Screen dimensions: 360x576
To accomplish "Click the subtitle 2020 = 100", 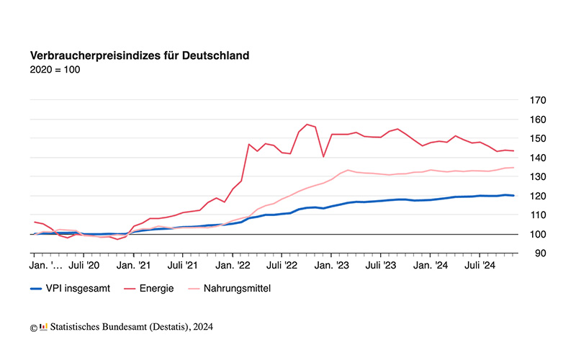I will tap(55, 70).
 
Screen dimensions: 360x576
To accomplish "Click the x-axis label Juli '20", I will tap(84, 266).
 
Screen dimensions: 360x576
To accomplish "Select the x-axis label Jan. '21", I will tap(133, 266).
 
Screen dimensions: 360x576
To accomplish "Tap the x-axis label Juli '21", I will tap(183, 266).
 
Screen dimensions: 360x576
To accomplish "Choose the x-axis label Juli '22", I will tap(282, 266).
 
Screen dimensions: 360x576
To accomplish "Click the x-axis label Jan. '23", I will tap(332, 266).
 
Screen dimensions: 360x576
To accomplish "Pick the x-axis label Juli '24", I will tap(480, 266).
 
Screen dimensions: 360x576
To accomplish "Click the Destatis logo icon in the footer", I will tap(44, 327).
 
